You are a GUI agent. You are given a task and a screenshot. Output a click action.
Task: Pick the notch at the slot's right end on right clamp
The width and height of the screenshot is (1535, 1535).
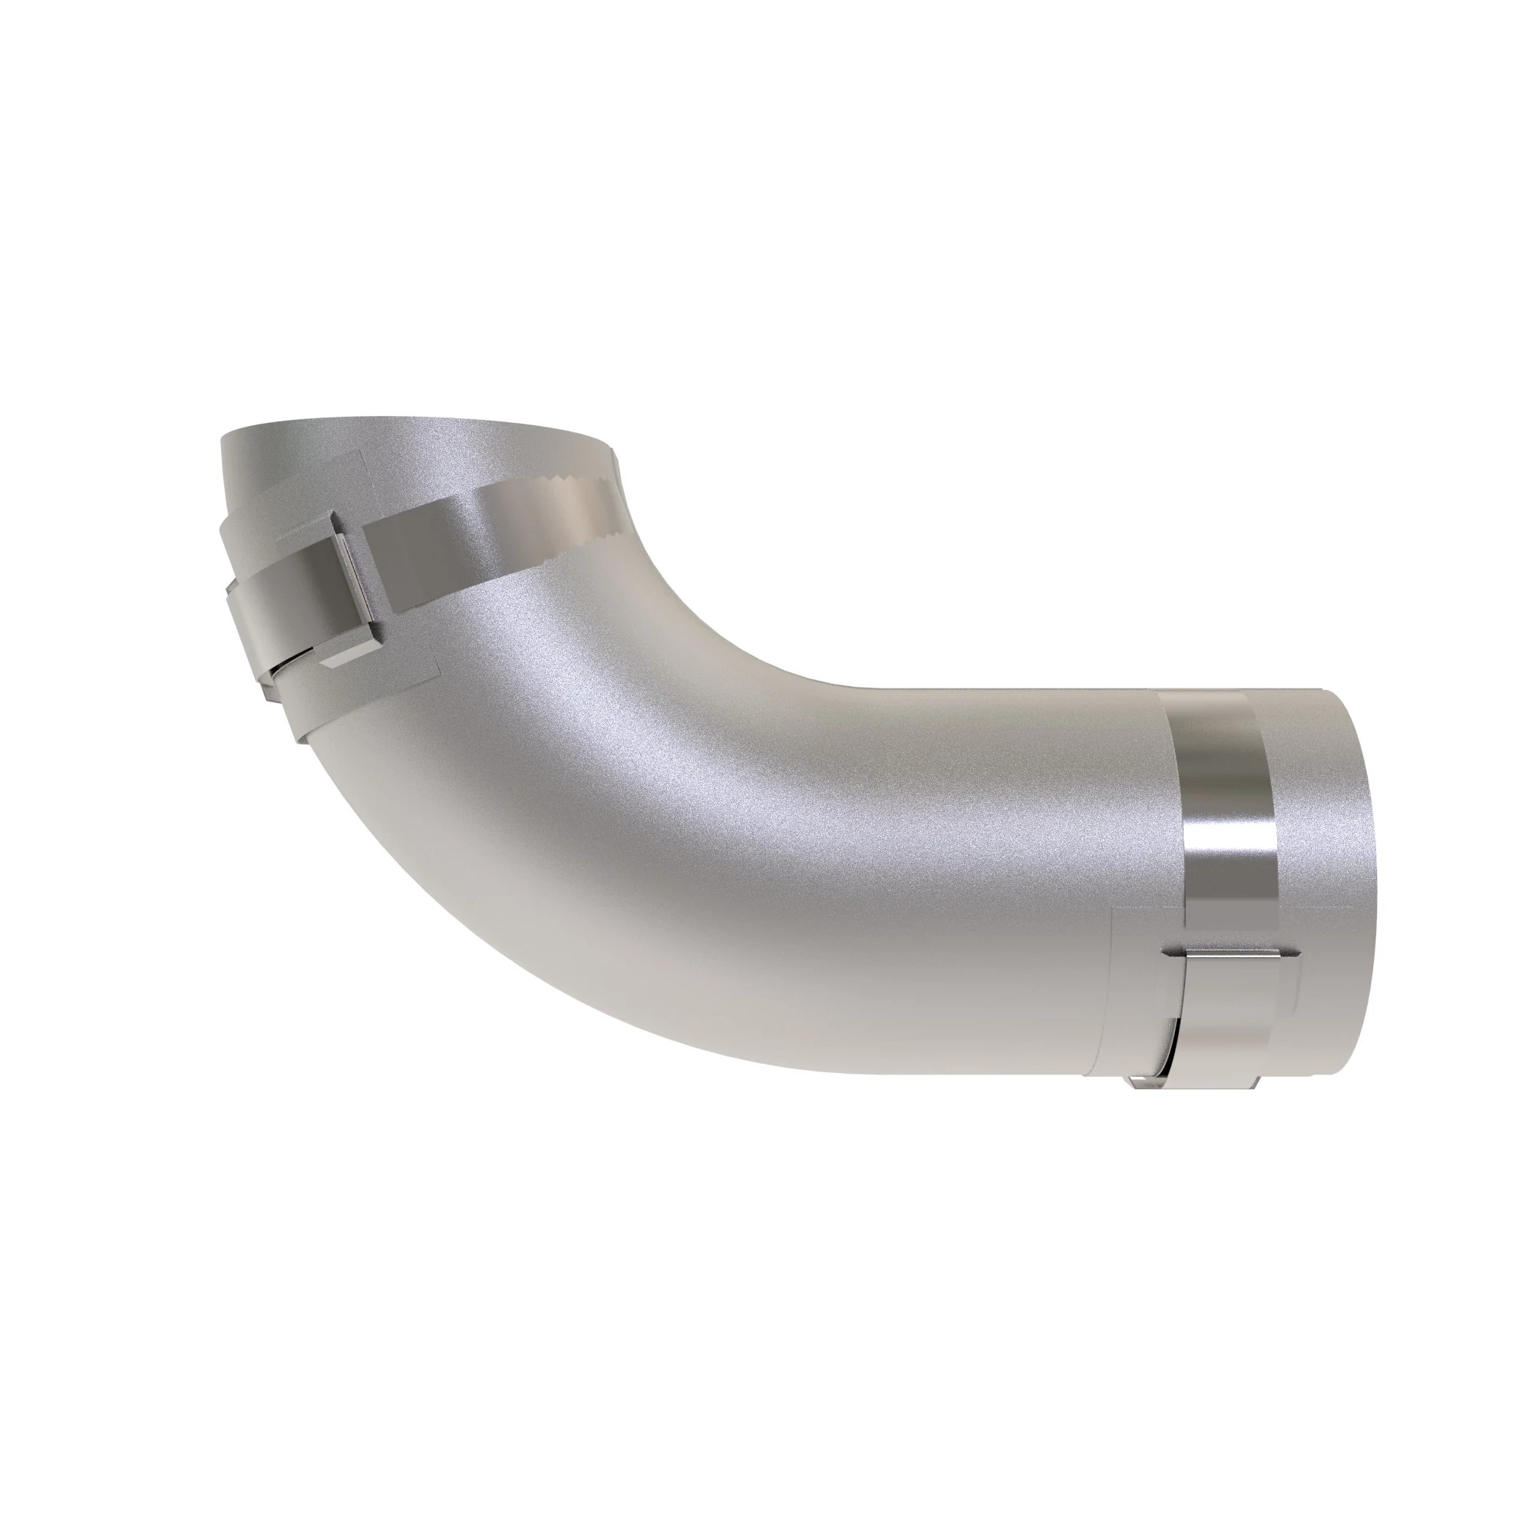(1295, 953)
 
